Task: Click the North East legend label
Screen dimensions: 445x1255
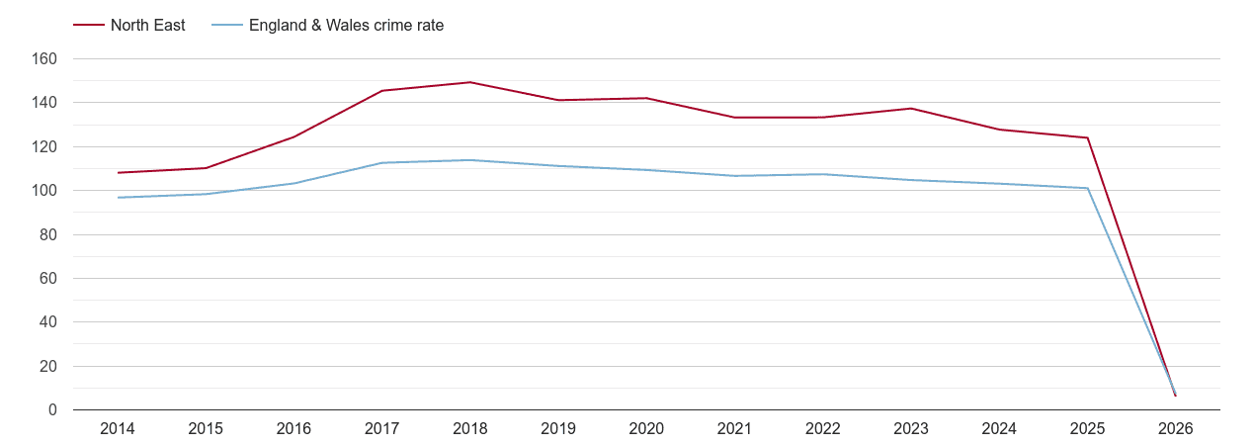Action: (147, 26)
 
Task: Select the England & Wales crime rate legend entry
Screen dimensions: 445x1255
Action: (346, 26)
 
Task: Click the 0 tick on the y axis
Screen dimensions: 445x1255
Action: (52, 410)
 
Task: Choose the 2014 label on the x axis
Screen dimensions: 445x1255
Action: (118, 429)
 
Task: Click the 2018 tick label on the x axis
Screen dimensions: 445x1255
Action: (470, 429)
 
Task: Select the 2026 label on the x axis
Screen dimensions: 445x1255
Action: (1176, 429)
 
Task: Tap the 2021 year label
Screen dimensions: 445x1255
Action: (735, 429)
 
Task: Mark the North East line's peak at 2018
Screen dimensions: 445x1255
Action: (470, 82)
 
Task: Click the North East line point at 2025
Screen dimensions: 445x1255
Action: (1088, 137)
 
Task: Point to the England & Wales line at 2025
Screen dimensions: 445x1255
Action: (1088, 188)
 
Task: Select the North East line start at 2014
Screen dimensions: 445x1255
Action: (118, 173)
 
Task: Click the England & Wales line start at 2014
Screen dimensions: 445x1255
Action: (118, 198)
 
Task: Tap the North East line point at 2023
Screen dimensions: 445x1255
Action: (911, 109)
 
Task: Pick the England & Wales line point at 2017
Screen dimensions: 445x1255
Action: (382, 163)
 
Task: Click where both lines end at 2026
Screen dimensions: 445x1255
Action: (1175, 395)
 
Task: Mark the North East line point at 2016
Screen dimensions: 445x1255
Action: (294, 136)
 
